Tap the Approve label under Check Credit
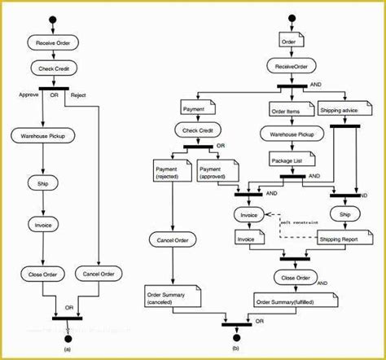[29, 94]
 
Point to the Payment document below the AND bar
[195, 108]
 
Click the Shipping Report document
[337, 239]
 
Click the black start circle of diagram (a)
[53, 18]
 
